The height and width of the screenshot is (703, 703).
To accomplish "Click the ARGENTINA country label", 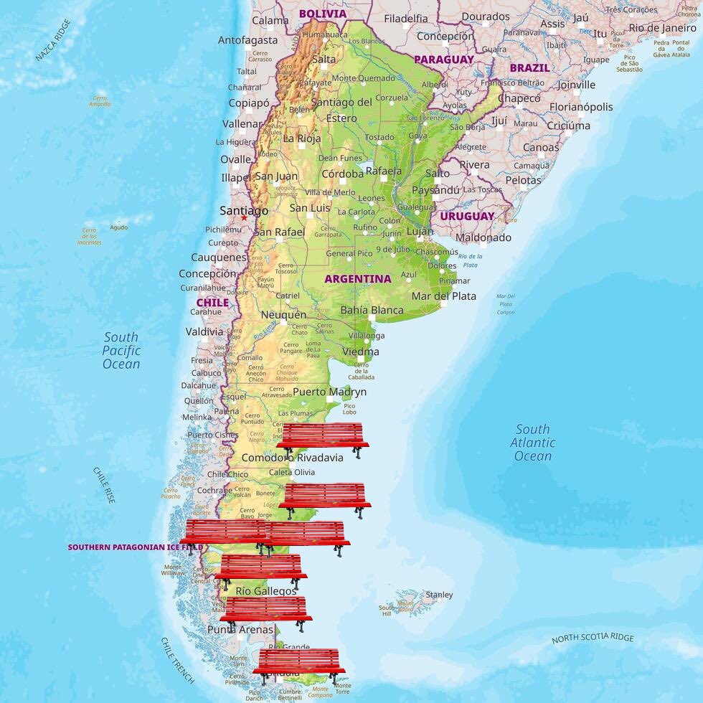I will pos(358,279).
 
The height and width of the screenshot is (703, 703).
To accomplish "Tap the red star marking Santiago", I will pos(244,217).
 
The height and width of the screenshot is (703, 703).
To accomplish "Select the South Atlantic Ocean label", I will pos(533,443).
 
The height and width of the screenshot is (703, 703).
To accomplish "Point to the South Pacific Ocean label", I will pos(121,350).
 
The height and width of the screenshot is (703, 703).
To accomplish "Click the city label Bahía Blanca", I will pos(372,311).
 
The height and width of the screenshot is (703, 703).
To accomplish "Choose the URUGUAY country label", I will pos(467,216).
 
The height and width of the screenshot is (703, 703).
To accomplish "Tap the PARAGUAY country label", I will pos(444,60).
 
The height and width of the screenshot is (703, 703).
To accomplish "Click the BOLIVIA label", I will pos(322,14).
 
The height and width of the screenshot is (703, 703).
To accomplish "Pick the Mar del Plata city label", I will pos(443,296).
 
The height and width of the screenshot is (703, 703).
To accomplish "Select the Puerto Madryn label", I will pos(329,392).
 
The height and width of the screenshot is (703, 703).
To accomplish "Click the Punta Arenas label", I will pos(240,630).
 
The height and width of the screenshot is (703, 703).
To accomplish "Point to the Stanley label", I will pos(439,595).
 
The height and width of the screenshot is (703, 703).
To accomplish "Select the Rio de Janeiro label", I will pos(662,28).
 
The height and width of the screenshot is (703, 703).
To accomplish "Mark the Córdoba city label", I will pos(342,174).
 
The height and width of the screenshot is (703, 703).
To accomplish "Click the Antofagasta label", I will pos(247,40).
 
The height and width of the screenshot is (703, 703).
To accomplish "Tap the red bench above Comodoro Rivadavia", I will pos(323,437).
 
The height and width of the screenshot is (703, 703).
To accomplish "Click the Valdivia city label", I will pos(204,331).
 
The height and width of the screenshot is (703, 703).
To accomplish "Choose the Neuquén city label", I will pos(283,315).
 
